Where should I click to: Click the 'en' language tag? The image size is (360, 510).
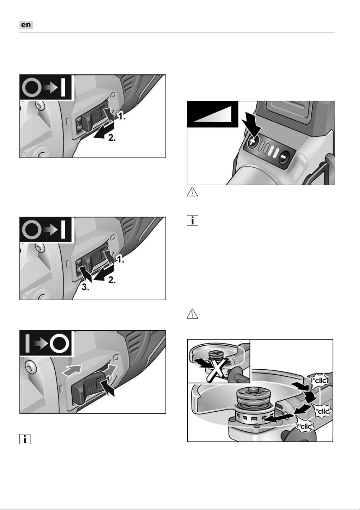click(26, 25)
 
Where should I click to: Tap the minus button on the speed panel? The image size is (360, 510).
click(284, 157)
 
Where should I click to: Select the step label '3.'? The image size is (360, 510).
click(86, 287)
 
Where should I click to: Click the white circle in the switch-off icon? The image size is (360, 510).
click(59, 343)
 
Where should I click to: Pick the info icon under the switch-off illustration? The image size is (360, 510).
click(25, 439)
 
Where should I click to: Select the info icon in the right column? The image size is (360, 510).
click(192, 220)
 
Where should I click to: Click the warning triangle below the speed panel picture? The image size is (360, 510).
click(192, 192)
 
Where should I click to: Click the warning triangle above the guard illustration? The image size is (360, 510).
click(192, 314)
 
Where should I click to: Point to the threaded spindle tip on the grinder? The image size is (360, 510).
click(252, 390)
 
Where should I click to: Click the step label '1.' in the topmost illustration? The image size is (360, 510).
click(121, 116)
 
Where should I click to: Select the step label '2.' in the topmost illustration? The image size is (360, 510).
click(112, 138)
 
